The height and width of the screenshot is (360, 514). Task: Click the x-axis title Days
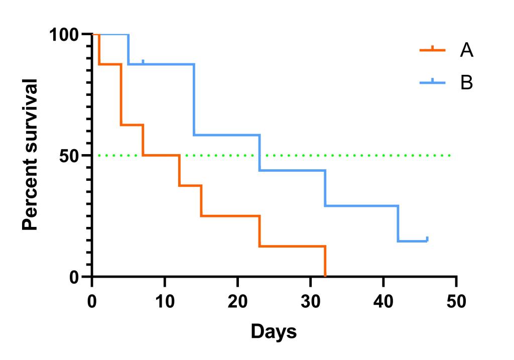coord(274,331)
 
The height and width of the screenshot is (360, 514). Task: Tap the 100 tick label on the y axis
coord(65,35)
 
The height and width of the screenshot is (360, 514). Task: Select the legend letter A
coord(466,50)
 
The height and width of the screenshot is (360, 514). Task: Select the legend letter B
coord(466,82)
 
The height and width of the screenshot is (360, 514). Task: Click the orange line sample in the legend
coord(432,50)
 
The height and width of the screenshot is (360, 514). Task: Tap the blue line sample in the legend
coord(432,82)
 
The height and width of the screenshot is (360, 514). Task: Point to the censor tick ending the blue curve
coord(427,239)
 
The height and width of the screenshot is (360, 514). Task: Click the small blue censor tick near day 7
coord(143,62)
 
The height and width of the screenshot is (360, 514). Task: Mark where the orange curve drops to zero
coord(325,276)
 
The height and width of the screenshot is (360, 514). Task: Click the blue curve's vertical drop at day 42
coord(398,223)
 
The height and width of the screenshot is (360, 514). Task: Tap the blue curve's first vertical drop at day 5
coord(128,49)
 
